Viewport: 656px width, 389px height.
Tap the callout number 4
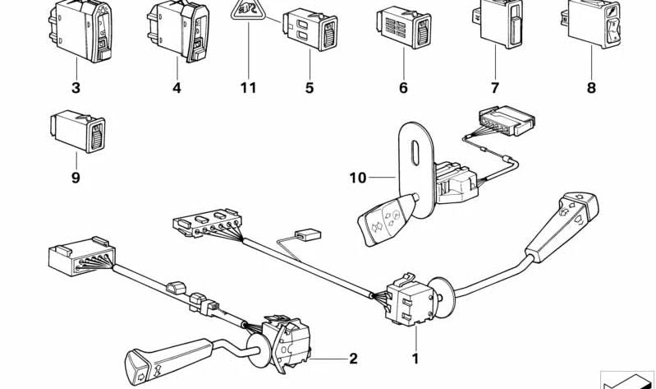[177, 88]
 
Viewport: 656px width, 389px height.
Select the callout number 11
[249, 88]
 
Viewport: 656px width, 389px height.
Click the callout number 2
[353, 359]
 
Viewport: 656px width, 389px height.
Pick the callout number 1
[415, 359]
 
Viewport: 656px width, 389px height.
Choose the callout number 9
[75, 177]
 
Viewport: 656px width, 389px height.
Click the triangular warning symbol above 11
[249, 12]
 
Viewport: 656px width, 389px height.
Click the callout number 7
[495, 88]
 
